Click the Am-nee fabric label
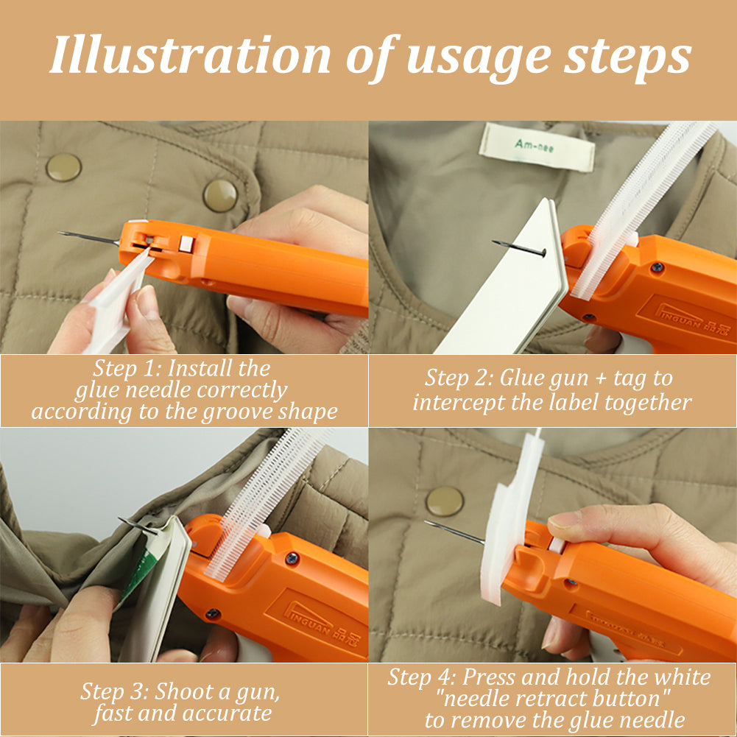pos(537,147)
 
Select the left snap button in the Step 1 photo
pos(64,167)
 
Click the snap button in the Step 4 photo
pos(445,501)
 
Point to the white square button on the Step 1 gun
pos(186,244)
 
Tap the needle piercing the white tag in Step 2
pos(519,247)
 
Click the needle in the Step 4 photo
pos(454,533)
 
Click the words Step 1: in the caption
pos(127,367)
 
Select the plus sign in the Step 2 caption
pos(600,378)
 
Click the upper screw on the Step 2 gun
pos(657,267)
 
